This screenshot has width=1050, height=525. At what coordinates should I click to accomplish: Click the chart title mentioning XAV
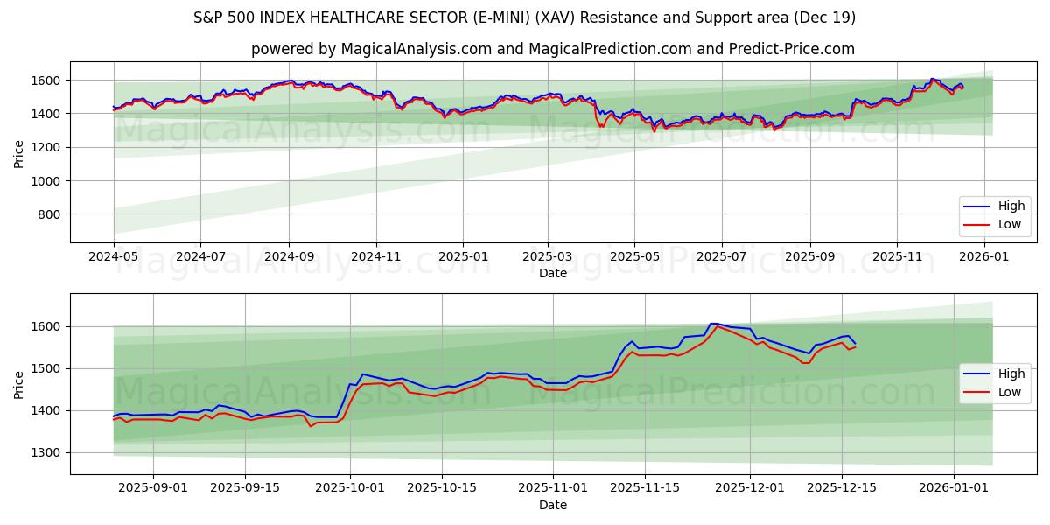pyautogui.click(x=524, y=17)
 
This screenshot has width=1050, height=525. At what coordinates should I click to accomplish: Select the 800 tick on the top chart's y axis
pyautogui.click(x=49, y=214)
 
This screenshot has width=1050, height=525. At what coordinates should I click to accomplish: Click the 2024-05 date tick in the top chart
pyautogui.click(x=114, y=256)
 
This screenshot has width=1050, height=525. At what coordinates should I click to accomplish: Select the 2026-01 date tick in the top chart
pyautogui.click(x=984, y=256)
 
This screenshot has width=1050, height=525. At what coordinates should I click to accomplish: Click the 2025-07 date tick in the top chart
pyautogui.click(x=722, y=256)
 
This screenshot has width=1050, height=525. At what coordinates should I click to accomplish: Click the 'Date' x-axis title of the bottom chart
pyautogui.click(x=552, y=505)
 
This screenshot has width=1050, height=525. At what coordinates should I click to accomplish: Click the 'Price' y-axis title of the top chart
pyautogui.click(x=19, y=152)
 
